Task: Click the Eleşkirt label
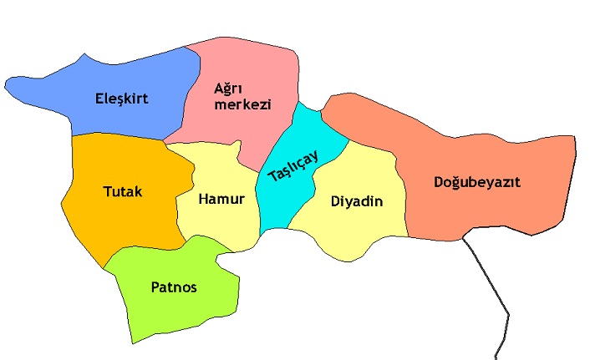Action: (121, 99)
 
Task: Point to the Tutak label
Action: (122, 192)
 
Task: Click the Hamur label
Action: (221, 200)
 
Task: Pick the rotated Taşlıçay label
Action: (293, 165)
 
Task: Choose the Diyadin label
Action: (357, 201)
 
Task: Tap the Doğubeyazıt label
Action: (477, 182)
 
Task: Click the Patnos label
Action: (174, 287)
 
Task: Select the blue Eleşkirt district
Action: (67, 84)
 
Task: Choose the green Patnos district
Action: (167, 313)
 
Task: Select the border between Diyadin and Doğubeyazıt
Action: (400, 192)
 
